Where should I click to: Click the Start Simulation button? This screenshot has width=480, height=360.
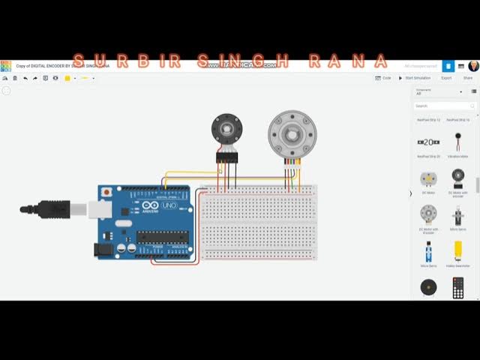[x=416, y=78]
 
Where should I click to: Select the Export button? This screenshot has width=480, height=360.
[x=446, y=78]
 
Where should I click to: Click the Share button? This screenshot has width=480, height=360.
[x=467, y=78]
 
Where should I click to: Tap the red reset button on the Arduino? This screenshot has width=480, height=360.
[x=107, y=192]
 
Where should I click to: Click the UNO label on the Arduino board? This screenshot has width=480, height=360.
[x=169, y=205]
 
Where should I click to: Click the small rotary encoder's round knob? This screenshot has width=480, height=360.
[x=224, y=128]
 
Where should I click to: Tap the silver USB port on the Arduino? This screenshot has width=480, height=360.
[x=98, y=208]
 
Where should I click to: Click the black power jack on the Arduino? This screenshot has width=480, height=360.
[x=104, y=247]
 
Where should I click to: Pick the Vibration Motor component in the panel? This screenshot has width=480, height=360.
[x=457, y=142]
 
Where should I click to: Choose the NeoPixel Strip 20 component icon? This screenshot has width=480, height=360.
[x=428, y=142]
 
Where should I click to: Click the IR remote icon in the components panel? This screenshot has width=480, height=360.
[x=457, y=287]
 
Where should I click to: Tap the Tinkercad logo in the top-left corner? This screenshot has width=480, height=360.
[x=5, y=66]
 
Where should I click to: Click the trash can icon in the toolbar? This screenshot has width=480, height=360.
[x=15, y=78]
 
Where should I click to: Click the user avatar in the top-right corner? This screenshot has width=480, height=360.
[x=473, y=66]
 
